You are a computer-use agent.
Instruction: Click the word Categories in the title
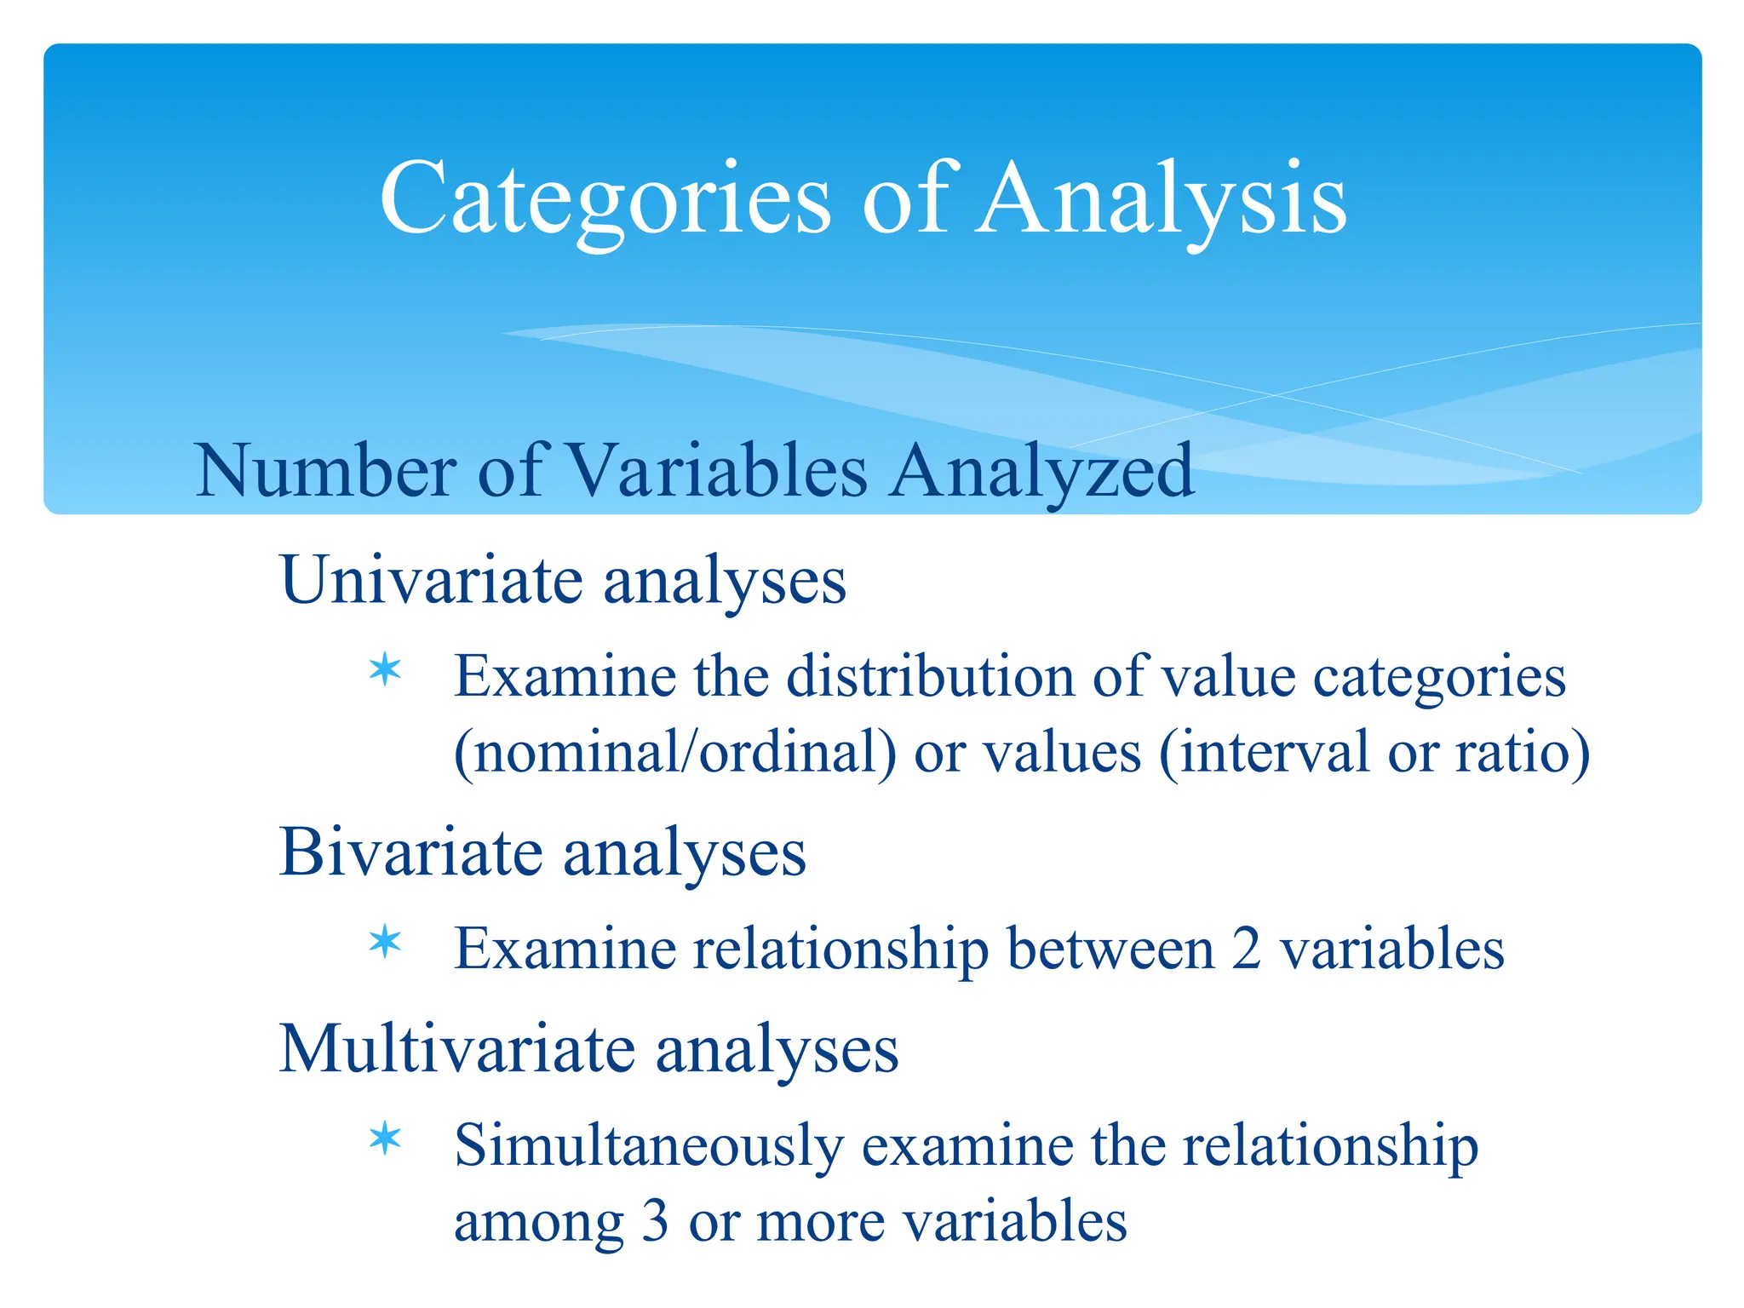click(x=605, y=200)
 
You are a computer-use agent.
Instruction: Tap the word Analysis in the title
click(x=1162, y=200)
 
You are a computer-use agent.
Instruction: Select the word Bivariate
click(x=411, y=852)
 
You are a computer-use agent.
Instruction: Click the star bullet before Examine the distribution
click(x=386, y=670)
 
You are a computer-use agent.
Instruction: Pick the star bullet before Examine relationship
click(x=386, y=943)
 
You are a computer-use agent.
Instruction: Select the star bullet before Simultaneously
click(x=386, y=1139)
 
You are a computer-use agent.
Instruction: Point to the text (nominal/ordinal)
click(x=675, y=753)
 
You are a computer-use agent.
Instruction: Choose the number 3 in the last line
click(x=655, y=1221)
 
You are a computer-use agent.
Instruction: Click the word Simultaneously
click(x=649, y=1146)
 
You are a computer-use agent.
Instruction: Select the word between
click(x=1110, y=949)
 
